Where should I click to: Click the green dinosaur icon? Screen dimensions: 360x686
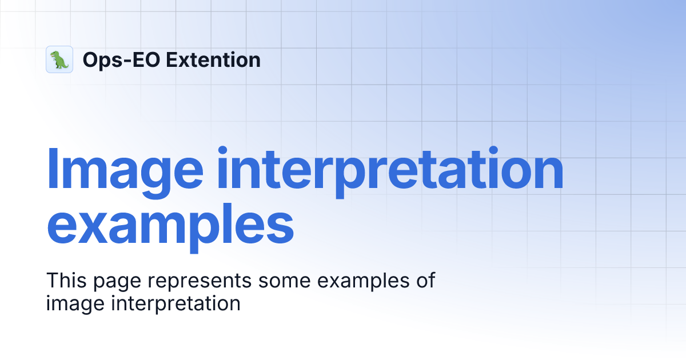pos(59,59)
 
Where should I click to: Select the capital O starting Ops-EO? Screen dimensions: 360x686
pos(90,59)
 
